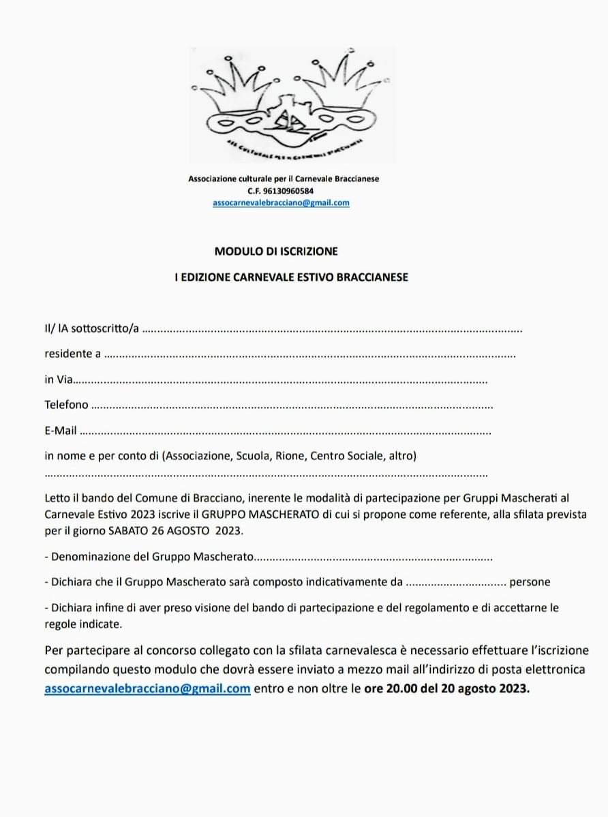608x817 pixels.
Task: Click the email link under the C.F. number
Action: point(281,202)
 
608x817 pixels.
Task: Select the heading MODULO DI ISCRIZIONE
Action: point(276,251)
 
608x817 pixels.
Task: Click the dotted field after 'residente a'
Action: point(310,354)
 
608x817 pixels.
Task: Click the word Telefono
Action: point(66,405)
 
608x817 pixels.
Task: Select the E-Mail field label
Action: point(61,431)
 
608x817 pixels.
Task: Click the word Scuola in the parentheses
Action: point(254,455)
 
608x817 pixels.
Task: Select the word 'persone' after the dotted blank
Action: point(530,582)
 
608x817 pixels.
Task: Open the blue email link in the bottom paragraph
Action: point(147,688)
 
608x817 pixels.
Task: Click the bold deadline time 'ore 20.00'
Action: point(386,688)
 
